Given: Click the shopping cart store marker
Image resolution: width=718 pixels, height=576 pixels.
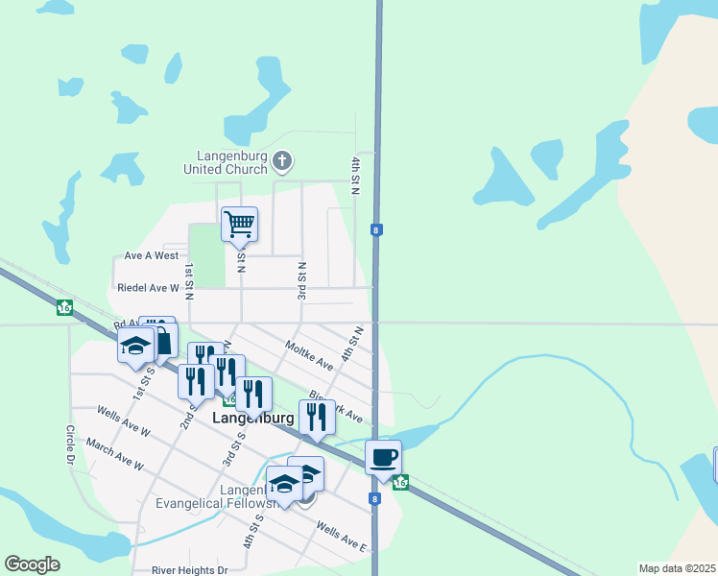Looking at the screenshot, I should coord(239,225).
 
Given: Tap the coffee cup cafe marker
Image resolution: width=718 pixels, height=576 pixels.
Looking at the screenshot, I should coord(383,458).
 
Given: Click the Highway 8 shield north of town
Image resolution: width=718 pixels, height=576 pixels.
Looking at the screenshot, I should coord(377,229).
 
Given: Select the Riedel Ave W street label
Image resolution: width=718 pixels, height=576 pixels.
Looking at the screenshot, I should coord(147,287).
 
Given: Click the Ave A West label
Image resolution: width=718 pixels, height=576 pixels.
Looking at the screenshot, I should coord(152,255).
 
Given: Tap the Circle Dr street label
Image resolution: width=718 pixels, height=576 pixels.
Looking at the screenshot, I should coord(71,445).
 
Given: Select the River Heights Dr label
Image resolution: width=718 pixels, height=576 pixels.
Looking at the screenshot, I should coord(190,569).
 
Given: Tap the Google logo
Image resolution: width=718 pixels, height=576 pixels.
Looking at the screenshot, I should coord(32,564).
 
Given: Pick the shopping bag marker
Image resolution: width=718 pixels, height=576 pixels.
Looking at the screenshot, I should coord(162,341).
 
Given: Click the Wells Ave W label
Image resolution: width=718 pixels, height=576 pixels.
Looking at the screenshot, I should coord(124,421).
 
